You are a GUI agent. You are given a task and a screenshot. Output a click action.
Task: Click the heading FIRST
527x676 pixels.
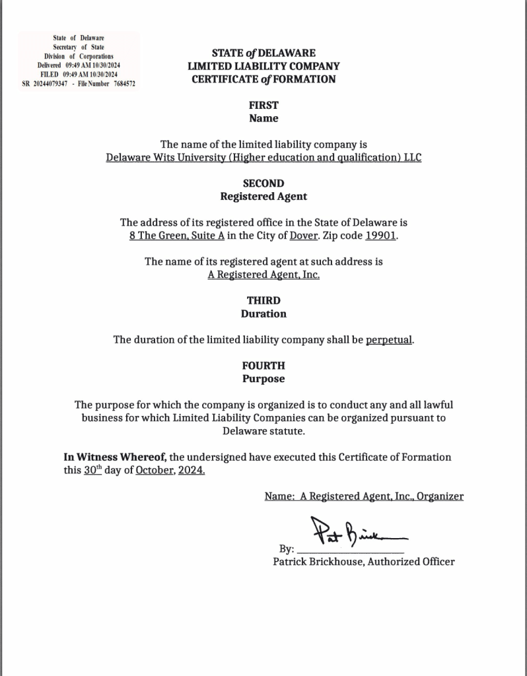tap(263, 105)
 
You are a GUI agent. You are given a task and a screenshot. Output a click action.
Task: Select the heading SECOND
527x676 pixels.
tap(263, 183)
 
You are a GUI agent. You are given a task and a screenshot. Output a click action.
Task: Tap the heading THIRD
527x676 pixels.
tap(263, 300)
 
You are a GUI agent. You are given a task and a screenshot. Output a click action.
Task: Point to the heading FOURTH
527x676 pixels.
tap(263, 365)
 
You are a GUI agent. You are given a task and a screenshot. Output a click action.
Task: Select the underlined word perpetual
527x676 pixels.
tap(389, 340)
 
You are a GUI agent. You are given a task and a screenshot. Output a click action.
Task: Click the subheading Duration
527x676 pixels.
tap(263, 314)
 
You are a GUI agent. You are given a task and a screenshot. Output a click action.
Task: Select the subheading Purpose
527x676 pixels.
tap(263, 379)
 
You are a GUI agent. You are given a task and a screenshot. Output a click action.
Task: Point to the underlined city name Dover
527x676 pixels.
tap(304, 236)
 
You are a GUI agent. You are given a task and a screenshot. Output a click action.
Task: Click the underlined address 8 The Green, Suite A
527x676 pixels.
tap(172, 236)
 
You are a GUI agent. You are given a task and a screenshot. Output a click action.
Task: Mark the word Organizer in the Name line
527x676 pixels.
tap(440, 496)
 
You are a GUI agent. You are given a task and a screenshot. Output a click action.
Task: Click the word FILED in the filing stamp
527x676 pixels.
tap(50, 75)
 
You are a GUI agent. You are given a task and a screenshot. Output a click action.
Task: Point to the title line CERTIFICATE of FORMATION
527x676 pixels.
tap(263, 79)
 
